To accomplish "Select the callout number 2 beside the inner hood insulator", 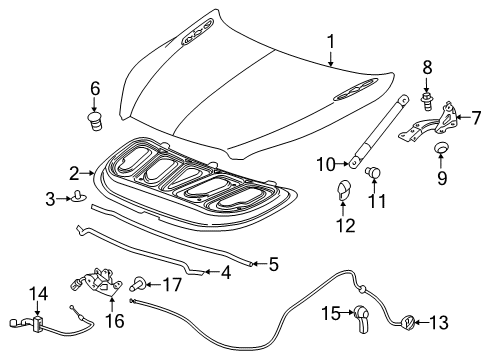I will point(74,171).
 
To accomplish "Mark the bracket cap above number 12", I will point(343,189).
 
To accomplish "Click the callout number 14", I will point(38,294).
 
